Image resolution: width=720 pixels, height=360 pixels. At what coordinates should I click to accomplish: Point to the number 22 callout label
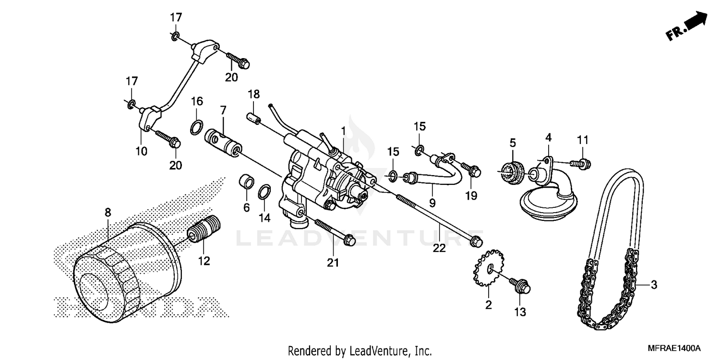coord(439,248)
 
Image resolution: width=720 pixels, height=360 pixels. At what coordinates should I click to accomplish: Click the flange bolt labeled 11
coord(581,164)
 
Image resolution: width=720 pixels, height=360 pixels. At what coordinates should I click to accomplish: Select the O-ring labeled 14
coord(264,192)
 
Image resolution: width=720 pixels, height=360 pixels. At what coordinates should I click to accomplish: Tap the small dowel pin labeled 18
coord(253,117)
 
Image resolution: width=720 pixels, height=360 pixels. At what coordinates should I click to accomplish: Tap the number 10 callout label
coord(141,151)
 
